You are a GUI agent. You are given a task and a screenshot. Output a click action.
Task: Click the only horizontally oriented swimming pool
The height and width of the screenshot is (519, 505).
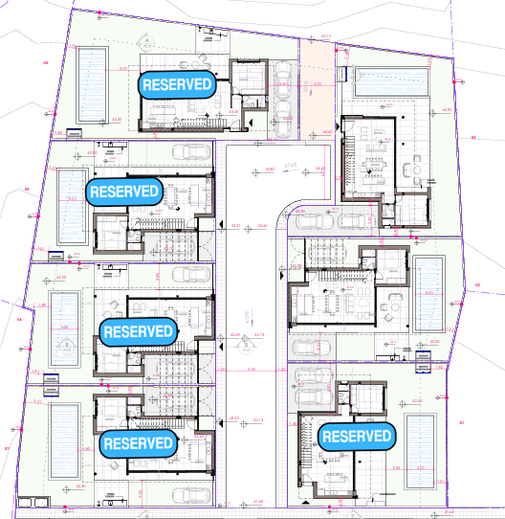pyautogui.click(x=393, y=81)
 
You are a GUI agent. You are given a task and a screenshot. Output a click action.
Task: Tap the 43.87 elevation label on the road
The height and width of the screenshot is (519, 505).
pyautogui.click(x=270, y=169)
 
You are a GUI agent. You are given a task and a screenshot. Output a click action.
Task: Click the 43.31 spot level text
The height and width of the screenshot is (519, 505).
pyautogui.click(x=235, y=226)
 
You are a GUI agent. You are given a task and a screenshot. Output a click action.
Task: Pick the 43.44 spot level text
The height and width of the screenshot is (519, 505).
pyautogui.click(x=262, y=226)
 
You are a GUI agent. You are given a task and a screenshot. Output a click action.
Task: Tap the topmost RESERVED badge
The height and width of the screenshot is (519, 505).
pyautogui.click(x=177, y=84)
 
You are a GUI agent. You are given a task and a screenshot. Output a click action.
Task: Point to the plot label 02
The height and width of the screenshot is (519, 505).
pyautogui.click(x=477, y=284)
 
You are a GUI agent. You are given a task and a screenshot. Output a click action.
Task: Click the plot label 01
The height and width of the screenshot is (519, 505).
pyautogui.click(x=461, y=422)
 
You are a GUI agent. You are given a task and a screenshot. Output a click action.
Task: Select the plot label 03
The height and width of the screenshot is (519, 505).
pyautogui.click(x=472, y=138)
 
